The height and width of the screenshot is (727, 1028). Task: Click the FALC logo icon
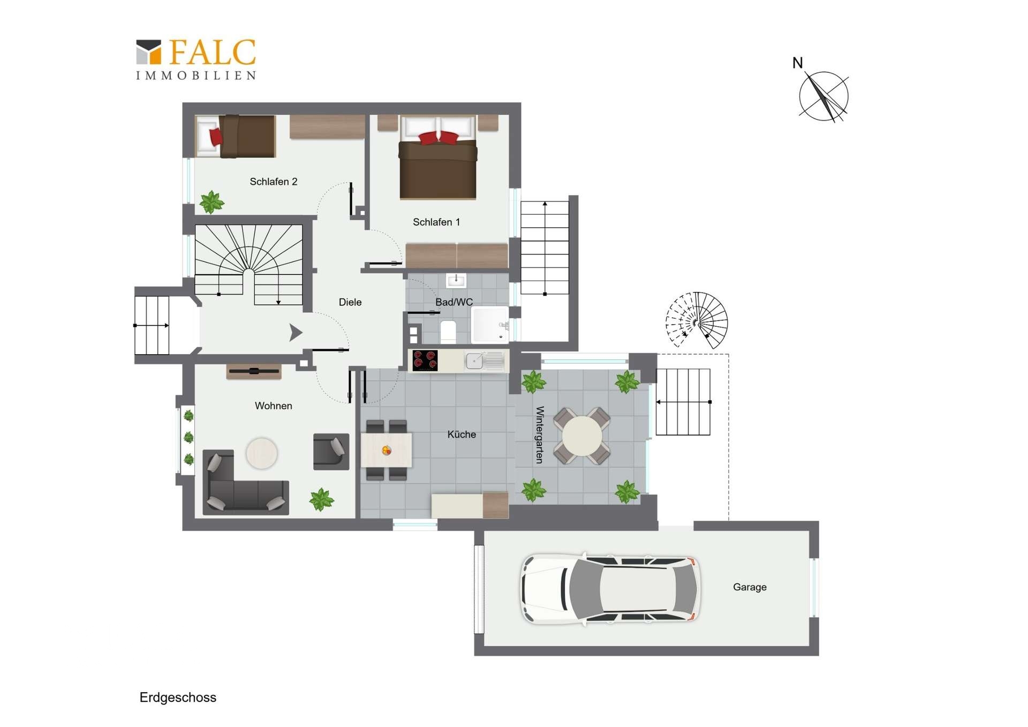pos(148,52)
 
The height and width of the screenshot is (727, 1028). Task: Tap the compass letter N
pos(797,63)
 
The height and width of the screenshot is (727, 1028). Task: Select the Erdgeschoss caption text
pos(178,698)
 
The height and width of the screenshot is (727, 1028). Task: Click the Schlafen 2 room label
pos(273,182)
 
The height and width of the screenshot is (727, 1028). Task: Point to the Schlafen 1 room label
pos(436,222)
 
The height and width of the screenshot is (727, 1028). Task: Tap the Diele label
pos(350,302)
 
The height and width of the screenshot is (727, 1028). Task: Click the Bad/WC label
pos(454,302)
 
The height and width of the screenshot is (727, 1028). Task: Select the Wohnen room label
pos(273,406)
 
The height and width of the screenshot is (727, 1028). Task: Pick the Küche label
pos(462,434)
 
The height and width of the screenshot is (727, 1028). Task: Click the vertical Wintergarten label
pos(540,434)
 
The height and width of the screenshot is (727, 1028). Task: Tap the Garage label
pos(750,587)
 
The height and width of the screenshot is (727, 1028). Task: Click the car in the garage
pos(610,589)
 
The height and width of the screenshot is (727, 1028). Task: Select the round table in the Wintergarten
pos(581,436)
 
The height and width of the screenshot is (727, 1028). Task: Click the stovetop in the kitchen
pos(425,361)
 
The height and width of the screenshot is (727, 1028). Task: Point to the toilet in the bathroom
pos(448,332)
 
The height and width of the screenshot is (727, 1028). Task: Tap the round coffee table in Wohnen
pos(261,453)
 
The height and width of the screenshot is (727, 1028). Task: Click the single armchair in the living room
pos(331,452)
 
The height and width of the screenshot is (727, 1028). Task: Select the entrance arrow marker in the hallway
pos(296,333)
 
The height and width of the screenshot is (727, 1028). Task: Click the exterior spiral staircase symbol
pos(697,320)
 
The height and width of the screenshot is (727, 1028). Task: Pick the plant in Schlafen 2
pos(212,202)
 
